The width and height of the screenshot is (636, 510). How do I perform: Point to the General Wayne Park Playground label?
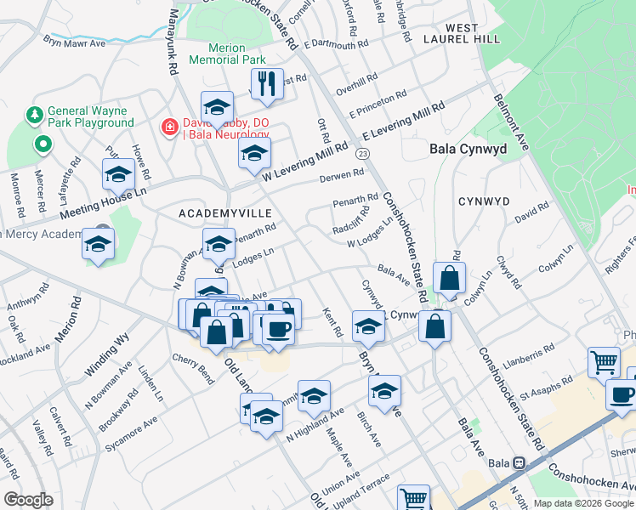click(91, 116)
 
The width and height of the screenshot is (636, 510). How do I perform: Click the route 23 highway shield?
click(363, 153)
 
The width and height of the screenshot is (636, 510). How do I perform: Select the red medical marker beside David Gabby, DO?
click(170, 127)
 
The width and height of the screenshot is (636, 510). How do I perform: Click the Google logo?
click(28, 500)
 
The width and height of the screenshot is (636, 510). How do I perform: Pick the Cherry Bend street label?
click(193, 368)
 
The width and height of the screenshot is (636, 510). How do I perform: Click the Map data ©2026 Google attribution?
click(583, 502)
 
